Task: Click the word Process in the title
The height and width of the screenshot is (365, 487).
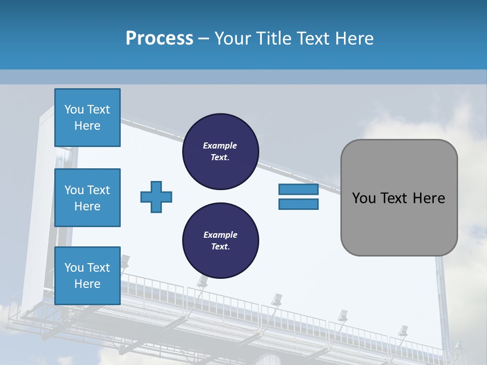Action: click(159, 39)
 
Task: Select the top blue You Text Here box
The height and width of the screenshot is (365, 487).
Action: click(88, 117)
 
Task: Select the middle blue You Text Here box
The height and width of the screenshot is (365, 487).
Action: click(88, 198)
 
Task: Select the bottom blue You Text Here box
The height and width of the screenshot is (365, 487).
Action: click(88, 276)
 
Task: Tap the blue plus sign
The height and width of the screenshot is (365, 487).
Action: click(156, 197)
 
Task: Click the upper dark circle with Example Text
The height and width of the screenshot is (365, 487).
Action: click(221, 152)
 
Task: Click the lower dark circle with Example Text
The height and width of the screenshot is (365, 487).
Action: click(221, 240)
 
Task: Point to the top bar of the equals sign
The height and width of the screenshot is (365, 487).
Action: click(298, 189)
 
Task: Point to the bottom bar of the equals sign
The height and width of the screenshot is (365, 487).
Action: click(298, 204)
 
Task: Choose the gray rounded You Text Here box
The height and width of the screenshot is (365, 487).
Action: click(399, 198)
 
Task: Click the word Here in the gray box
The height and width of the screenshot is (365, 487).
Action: click(429, 198)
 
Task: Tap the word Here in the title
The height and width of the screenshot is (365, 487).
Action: click(355, 38)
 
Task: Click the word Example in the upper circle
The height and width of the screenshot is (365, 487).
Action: click(220, 145)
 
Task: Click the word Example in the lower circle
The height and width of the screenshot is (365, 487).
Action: click(221, 235)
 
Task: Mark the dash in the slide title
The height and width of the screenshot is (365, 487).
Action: click(203, 39)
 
